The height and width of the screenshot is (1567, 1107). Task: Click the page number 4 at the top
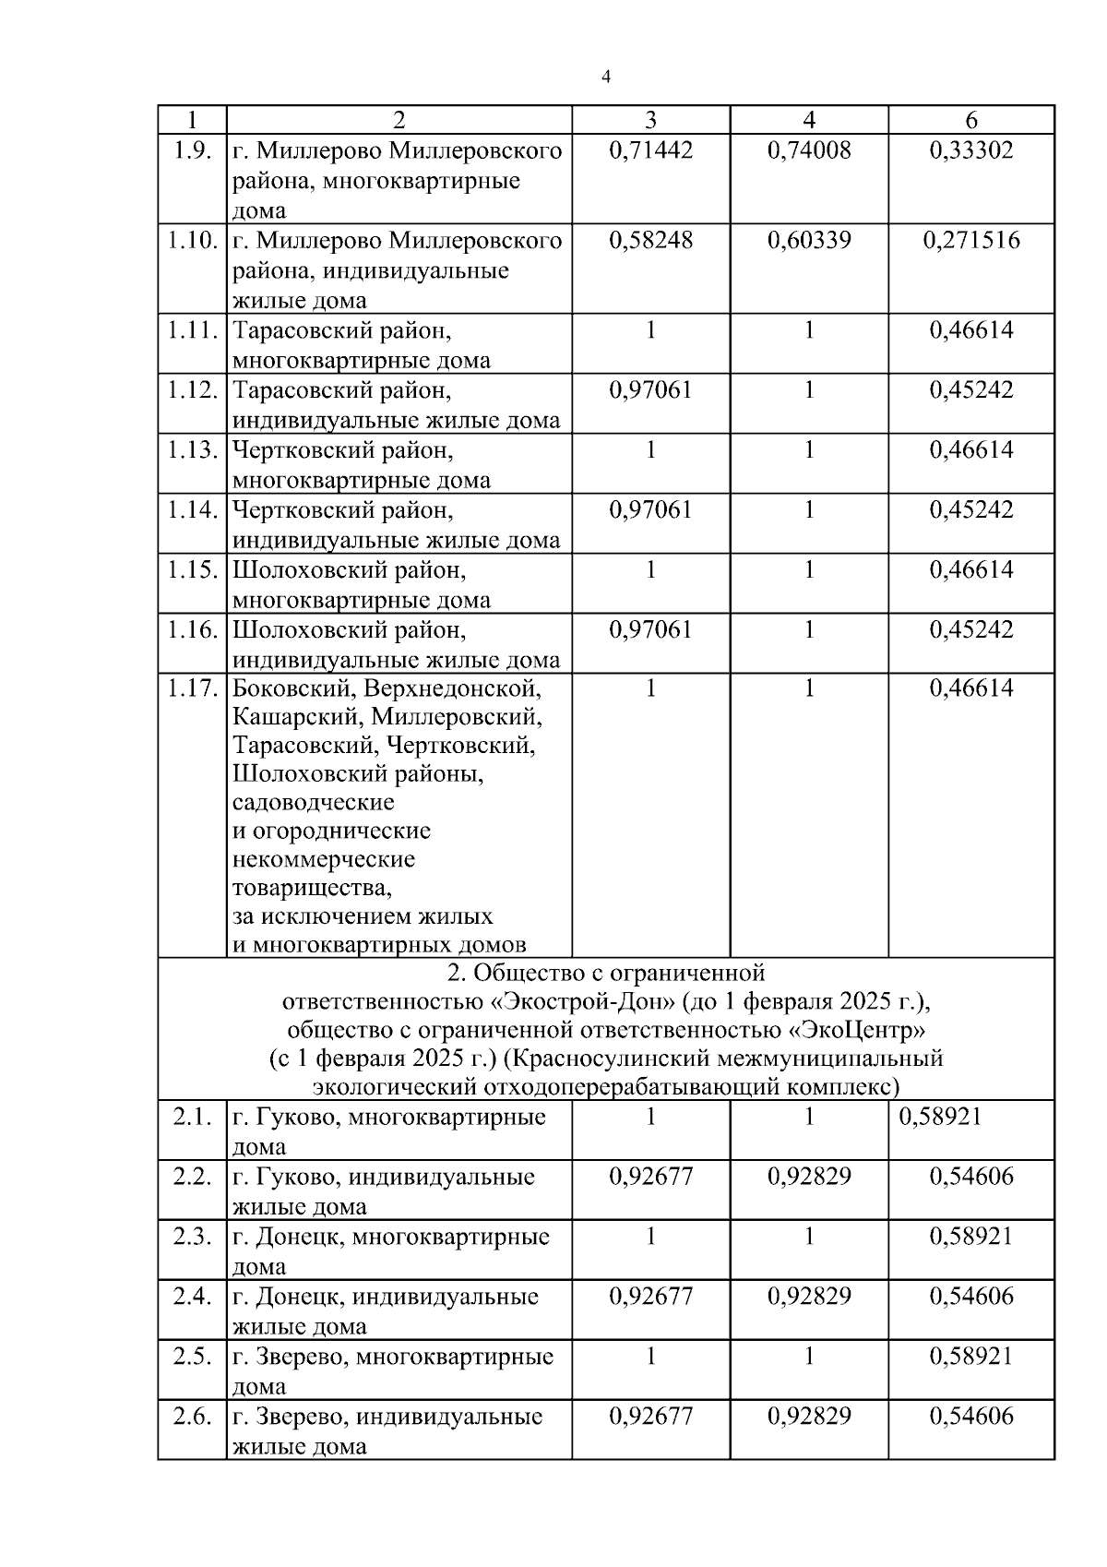pos(605,78)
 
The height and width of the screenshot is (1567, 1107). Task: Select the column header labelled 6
pos(971,120)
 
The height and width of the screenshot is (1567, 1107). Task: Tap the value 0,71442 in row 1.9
pos(650,150)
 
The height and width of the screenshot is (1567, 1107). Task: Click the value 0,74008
pos(809,150)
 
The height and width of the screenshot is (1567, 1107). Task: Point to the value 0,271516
pos(971,241)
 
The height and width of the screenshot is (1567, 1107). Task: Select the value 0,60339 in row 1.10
pos(809,241)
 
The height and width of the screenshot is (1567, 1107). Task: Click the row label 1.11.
pos(192,330)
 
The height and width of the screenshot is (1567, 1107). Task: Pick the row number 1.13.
pos(192,450)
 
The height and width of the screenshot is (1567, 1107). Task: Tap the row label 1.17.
pos(192,688)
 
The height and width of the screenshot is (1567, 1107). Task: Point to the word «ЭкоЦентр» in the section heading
pos(863,1029)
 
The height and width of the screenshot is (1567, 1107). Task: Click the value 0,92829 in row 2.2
pos(809,1177)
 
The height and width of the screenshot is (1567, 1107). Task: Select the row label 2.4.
pos(192,1297)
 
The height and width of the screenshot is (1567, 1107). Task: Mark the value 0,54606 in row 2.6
pos(971,1417)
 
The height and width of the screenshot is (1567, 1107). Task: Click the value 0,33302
pos(971,150)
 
